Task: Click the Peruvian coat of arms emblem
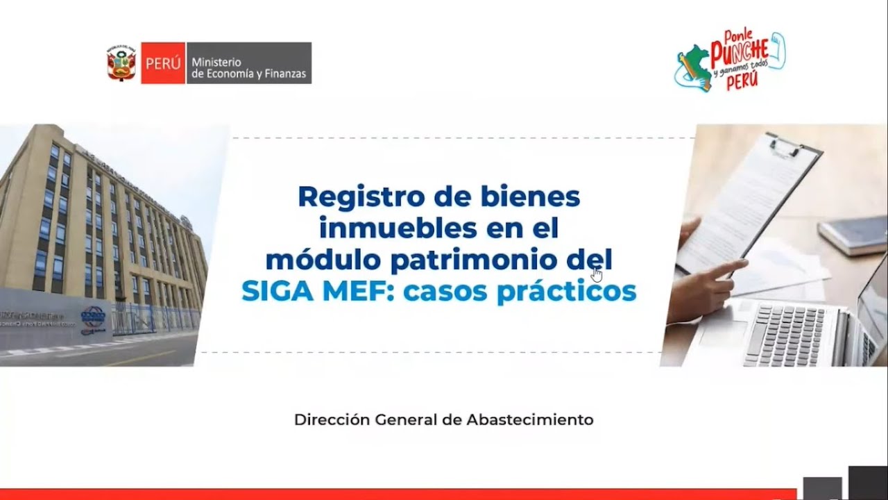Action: click(x=121, y=63)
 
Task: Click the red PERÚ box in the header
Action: click(x=163, y=63)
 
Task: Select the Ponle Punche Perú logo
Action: click(x=731, y=62)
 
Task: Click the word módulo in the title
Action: click(x=323, y=260)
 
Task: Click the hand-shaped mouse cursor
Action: click(x=597, y=273)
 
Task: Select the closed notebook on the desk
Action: click(x=853, y=234)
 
